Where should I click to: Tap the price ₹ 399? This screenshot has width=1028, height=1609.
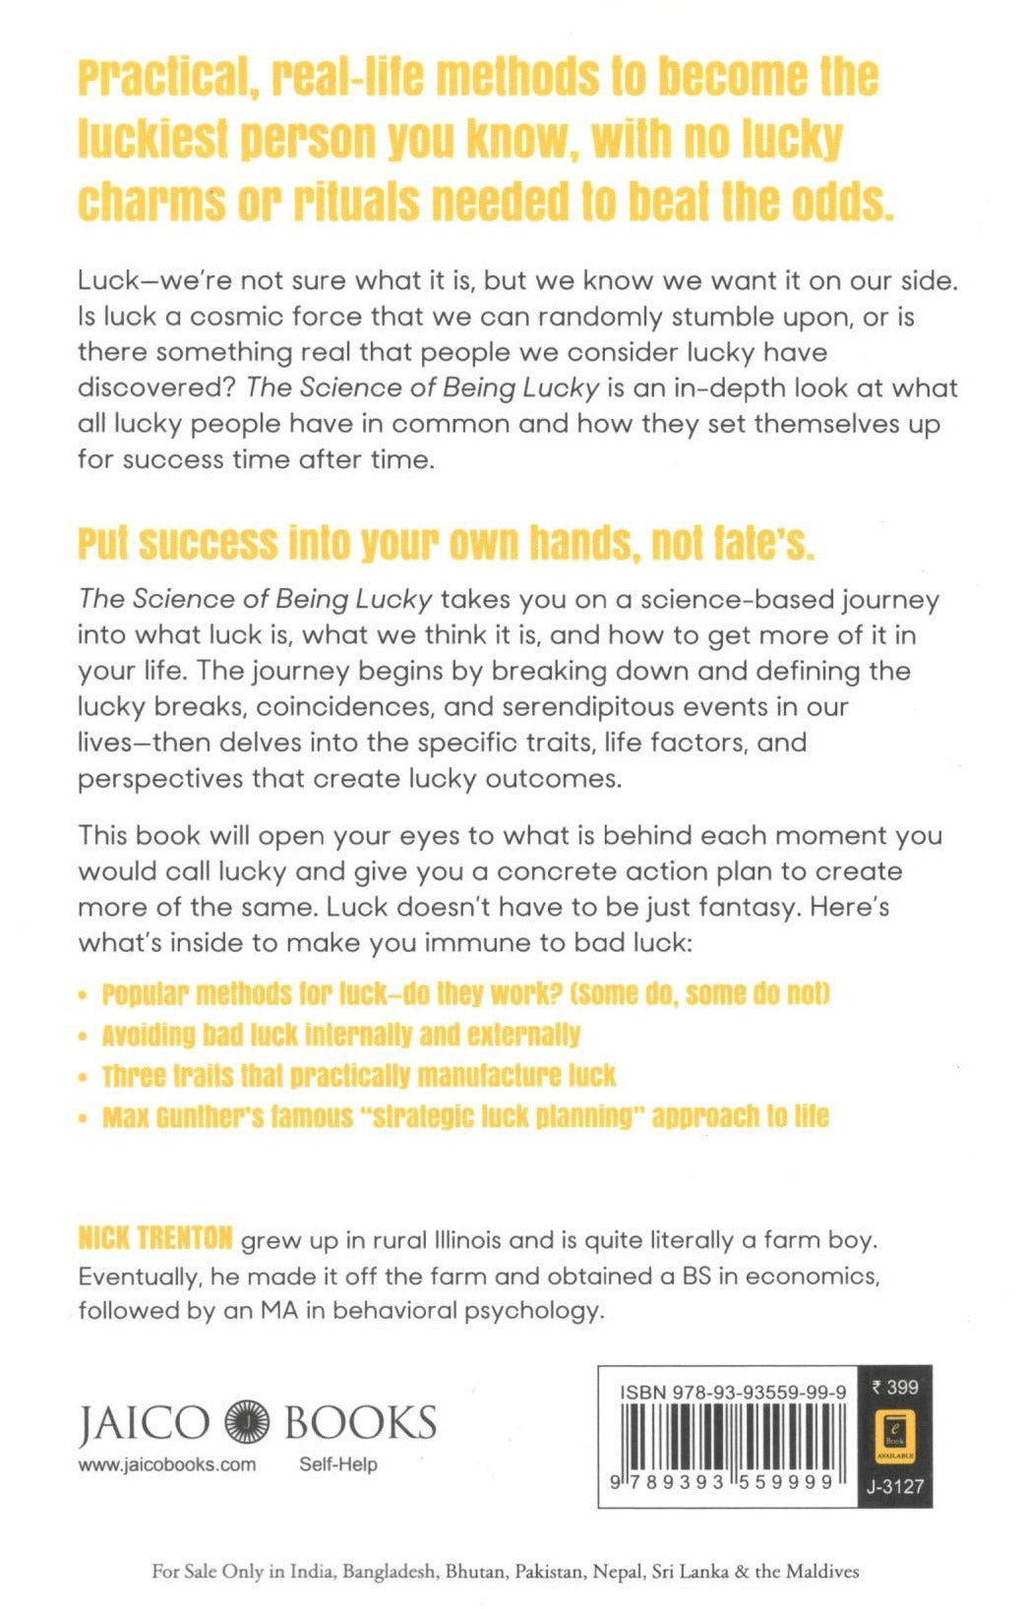pos(894,1388)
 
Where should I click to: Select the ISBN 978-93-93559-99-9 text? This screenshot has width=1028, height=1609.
pos(732,1393)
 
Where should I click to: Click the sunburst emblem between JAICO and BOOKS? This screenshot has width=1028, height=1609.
pos(247,1422)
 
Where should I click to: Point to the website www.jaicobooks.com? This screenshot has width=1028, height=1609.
pos(166,1464)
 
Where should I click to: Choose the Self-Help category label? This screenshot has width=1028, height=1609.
pos(337,1464)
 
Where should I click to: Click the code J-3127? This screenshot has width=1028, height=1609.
pos(894,1486)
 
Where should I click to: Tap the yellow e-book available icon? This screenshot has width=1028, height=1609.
pos(894,1435)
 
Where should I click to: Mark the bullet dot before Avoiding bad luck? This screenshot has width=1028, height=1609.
pos(83,1037)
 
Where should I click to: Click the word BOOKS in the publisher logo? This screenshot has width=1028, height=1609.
pos(359,1422)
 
